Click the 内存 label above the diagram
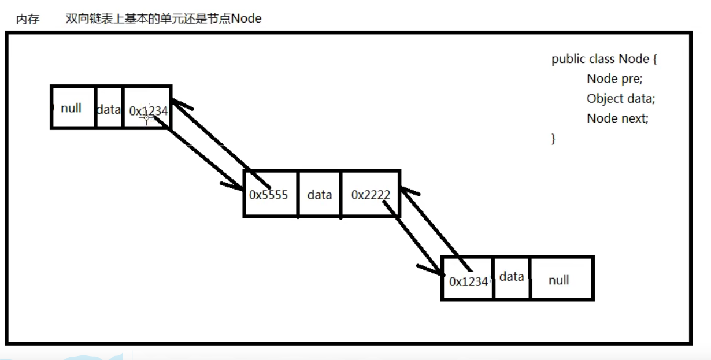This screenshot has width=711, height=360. tap(28, 19)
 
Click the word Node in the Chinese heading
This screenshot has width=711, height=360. tap(246, 18)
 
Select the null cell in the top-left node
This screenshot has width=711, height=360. tap(72, 107)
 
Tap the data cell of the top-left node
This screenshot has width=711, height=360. tap(109, 109)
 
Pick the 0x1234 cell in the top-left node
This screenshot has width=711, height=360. tap(148, 110)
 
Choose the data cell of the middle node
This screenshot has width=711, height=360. tap(319, 195)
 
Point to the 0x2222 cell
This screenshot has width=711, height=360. tap(370, 195)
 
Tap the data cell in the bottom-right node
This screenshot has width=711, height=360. tap(512, 277)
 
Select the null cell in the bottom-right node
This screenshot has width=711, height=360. tap(559, 280)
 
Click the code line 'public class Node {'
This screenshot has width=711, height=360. tap(604, 59)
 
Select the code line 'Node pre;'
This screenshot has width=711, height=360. tap(614, 79)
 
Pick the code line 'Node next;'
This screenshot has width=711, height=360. tap(617, 118)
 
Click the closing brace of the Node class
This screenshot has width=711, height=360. tap(553, 138)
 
